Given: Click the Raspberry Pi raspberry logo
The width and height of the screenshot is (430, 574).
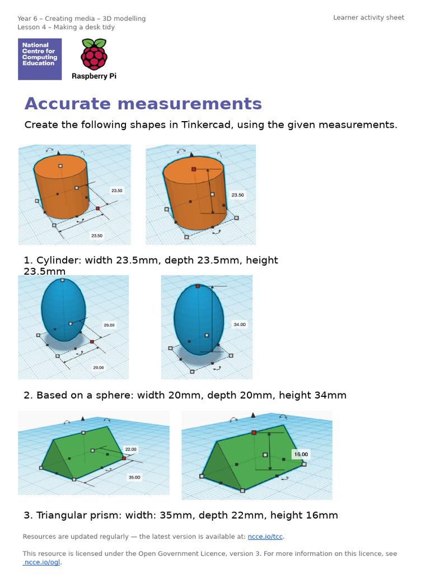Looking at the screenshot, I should click(94, 54).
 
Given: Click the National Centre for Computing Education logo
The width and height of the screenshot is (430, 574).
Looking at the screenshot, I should click(40, 59).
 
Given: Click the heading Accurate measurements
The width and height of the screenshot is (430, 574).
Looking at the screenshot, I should click(143, 104).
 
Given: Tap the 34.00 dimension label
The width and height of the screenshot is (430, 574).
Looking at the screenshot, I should click(239, 325).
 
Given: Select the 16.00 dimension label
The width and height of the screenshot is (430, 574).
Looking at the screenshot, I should click(301, 454).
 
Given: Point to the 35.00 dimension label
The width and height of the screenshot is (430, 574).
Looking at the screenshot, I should click(134, 478).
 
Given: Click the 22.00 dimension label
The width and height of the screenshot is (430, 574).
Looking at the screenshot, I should click(130, 449).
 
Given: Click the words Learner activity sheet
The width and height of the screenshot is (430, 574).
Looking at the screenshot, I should click(368, 18).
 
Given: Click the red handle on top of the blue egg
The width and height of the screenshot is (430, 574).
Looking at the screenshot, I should click(198, 286).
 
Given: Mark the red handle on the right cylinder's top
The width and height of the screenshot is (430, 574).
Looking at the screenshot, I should click(193, 169).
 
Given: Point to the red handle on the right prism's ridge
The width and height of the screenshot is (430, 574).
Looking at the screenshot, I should click(254, 432).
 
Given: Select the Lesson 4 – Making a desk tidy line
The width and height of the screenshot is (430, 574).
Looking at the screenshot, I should click(66, 27).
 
